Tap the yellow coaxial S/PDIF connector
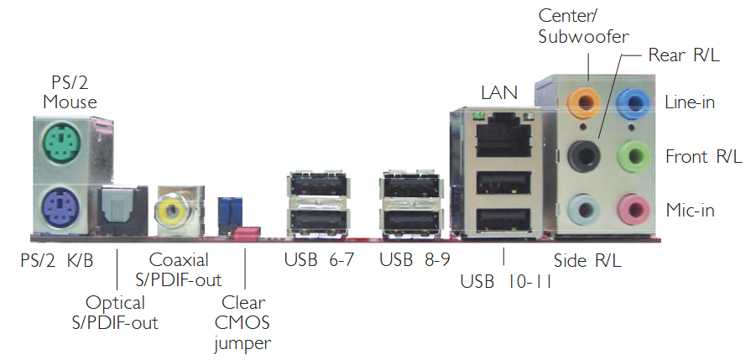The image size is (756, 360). point(174,211)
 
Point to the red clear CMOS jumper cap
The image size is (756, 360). point(248,232)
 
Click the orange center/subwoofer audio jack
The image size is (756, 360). point(584,102)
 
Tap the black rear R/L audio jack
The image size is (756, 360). point(584,155)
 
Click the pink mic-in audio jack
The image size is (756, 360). point(633,210)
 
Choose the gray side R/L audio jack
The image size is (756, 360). point(584,210)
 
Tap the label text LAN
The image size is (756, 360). point(499,92)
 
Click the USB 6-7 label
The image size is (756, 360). point(319,260)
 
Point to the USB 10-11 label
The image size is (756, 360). point(506,281)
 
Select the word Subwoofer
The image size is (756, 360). point(584,37)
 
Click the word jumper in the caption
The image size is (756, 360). point(242,343)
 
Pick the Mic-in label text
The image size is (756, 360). point(690,210)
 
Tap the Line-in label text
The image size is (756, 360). point(690,102)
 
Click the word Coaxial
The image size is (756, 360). point(179,260)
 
